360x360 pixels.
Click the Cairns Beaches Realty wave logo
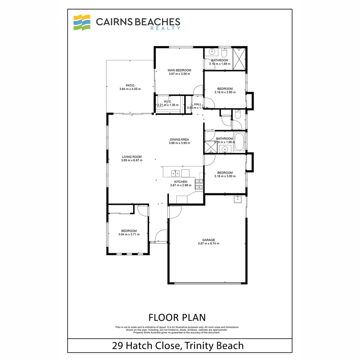tap(82, 22)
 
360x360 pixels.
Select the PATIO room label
tap(130, 85)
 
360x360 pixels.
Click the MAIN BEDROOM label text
tap(179, 70)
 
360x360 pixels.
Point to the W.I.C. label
tap(168, 101)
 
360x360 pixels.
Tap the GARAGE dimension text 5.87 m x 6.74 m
tap(208, 244)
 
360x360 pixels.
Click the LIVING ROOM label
tap(132, 157)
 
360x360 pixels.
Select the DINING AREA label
tap(179, 139)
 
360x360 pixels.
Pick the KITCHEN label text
tap(180, 182)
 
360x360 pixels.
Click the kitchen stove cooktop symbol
tap(199, 185)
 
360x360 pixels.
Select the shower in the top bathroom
tap(239, 59)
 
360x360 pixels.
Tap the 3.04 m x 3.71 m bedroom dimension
tap(129, 234)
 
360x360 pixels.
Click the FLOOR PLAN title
tap(177, 317)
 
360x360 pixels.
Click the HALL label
tap(198, 104)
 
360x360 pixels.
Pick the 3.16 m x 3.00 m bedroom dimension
tap(225, 176)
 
